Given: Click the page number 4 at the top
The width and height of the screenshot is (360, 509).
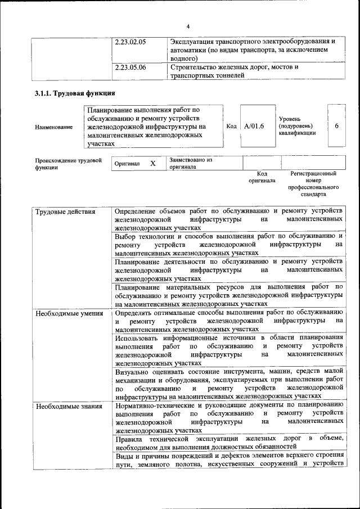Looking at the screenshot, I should (x=188, y=26).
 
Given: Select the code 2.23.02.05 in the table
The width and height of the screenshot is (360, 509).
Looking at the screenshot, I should (x=130, y=42).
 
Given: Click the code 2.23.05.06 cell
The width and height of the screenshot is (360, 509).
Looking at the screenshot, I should (x=130, y=67).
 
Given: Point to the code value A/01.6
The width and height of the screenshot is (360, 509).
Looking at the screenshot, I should (x=254, y=127).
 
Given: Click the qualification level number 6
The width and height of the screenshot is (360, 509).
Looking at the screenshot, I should (x=336, y=126).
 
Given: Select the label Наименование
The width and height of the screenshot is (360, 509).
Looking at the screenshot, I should (x=54, y=128).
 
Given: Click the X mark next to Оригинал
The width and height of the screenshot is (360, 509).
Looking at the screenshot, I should (x=152, y=163).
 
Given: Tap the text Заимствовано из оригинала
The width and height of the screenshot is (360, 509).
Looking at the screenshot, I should (x=191, y=163).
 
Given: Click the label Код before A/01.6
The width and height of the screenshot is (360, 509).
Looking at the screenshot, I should (x=231, y=127).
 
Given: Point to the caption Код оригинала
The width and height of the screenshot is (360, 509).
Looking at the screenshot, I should (x=262, y=178).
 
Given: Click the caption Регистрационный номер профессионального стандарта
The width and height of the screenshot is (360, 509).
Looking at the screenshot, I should (x=313, y=184).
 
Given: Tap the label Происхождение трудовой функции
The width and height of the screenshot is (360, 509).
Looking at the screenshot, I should (x=60, y=164).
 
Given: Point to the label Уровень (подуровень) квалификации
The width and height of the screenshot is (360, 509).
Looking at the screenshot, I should (x=298, y=126).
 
